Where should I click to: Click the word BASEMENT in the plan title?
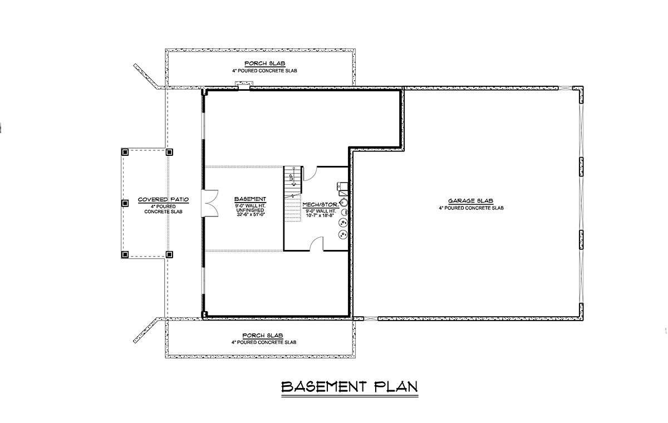[x=323, y=387]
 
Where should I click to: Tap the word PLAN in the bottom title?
[x=396, y=387]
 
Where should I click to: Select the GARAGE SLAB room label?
[x=470, y=200]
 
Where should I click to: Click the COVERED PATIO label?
[x=163, y=199]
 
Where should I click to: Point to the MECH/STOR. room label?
[x=321, y=204]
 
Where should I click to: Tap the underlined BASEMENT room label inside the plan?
[x=250, y=199]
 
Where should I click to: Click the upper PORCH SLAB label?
[x=265, y=63]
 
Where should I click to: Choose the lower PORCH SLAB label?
[x=263, y=336]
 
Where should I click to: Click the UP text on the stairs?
[x=291, y=177]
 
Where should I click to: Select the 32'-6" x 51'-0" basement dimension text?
[x=251, y=214]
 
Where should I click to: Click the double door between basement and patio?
[x=210, y=203]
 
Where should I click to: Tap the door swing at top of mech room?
[x=310, y=174]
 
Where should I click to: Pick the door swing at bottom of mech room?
[x=316, y=244]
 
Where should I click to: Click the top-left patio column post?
[x=125, y=152]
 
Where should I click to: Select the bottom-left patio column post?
[x=125, y=254]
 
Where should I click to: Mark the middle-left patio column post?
[x=125, y=203]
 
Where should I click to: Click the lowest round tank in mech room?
[x=343, y=234]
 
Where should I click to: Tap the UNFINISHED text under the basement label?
[x=250, y=210]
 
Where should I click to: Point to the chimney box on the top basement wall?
[x=244, y=85]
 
